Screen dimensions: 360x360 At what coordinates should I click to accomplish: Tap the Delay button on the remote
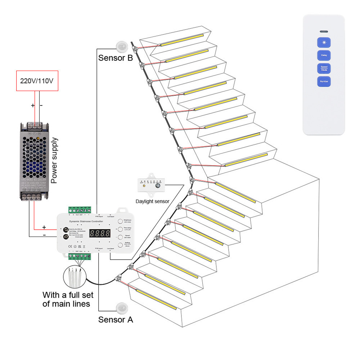pos(324,55)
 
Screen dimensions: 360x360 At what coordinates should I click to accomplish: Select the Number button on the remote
pos(324,81)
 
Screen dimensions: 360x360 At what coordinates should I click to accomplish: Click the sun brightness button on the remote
pos(324,43)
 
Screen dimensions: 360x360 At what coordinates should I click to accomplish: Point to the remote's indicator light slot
pos(324,32)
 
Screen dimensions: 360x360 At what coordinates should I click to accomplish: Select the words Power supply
pos(54,161)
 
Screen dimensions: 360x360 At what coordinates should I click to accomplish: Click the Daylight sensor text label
pos(152,201)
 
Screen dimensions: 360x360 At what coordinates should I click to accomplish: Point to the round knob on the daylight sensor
pos(158,186)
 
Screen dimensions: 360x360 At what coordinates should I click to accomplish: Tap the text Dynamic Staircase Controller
pos(86,221)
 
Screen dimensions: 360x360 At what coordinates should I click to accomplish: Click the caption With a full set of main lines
pos(68,299)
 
